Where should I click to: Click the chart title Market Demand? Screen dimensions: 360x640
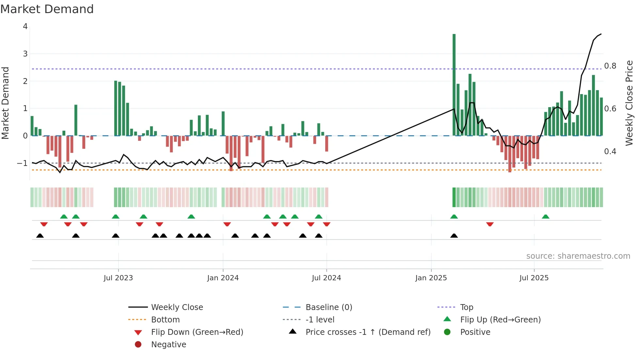tap(47, 9)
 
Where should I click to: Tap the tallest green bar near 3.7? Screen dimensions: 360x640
tap(454, 85)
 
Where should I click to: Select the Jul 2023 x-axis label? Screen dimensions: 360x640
tap(118, 278)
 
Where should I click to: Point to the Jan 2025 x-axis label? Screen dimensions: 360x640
tap(431, 278)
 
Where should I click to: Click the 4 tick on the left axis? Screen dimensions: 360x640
tap(25, 26)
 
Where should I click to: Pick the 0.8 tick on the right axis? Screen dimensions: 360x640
tap(610, 66)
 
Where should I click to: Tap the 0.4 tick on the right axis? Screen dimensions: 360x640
tap(610, 152)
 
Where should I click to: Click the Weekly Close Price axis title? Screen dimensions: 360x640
tap(629, 103)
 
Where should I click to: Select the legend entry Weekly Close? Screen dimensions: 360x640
tap(177, 307)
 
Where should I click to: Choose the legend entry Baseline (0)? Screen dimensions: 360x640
tap(328, 307)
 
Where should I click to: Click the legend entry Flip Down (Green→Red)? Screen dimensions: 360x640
tap(197, 332)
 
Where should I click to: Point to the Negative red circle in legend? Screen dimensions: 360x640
tap(138, 345)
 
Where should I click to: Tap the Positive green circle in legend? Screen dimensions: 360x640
tap(447, 332)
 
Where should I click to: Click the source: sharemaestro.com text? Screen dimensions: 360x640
tap(578, 256)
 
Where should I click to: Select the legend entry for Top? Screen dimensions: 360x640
tap(466, 307)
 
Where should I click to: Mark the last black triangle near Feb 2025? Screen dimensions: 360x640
tap(454, 236)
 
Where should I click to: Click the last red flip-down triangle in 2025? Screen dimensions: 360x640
tap(489, 224)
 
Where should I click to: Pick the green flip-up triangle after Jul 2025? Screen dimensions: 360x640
tap(545, 217)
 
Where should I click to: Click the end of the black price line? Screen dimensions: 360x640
tap(601, 34)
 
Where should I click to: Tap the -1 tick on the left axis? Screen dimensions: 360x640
tap(22, 163)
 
